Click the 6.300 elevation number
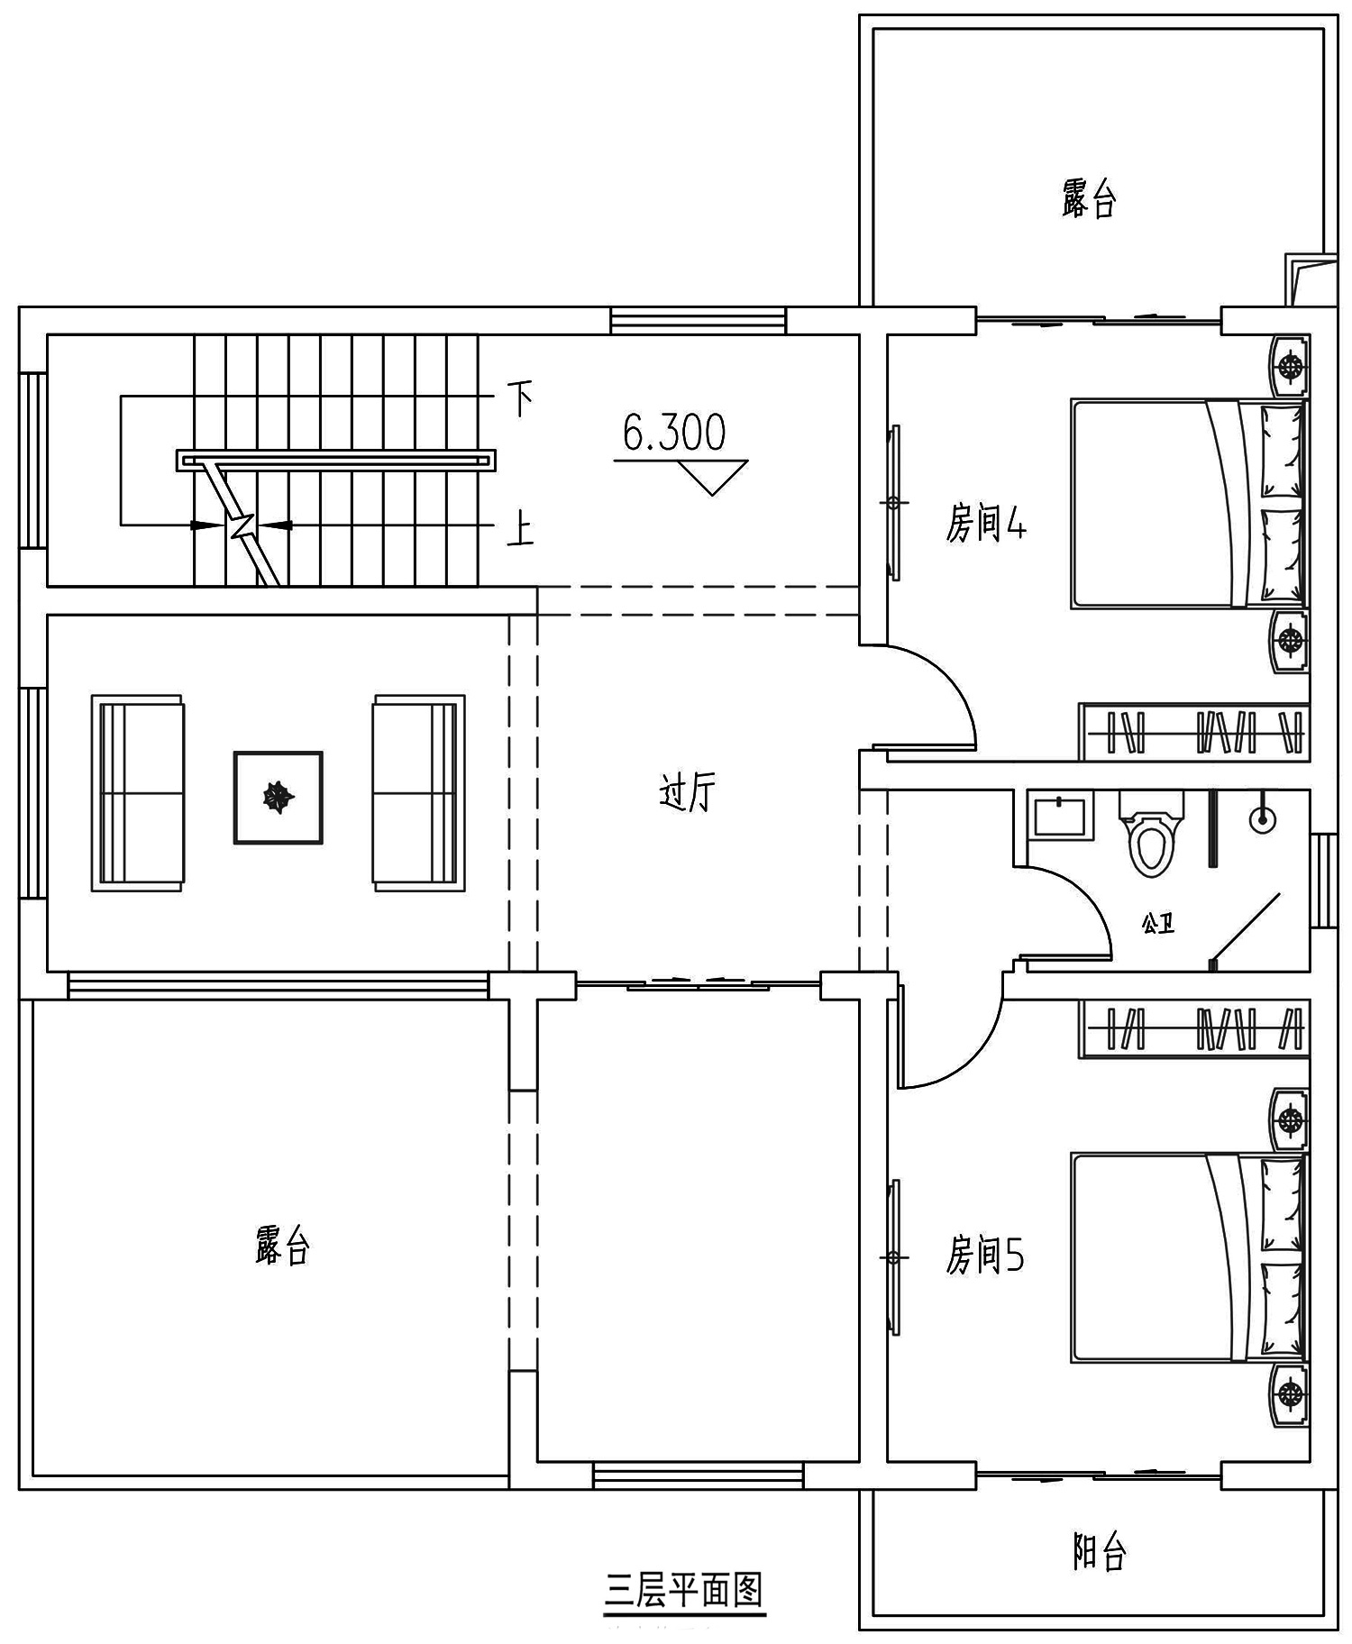pos(674,433)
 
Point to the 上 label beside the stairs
pos(520,528)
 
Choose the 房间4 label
pos(986,523)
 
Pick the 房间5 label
pos(985,1255)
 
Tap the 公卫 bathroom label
pos(1157,924)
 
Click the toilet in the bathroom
pos(1151,834)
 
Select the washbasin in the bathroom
pos(1061,815)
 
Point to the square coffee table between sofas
pos(279,798)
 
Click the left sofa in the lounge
pos(138,793)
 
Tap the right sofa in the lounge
pos(419,793)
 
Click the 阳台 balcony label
pos(1100,1551)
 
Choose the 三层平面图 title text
pos(684,1591)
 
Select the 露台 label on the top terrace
pos(1089,198)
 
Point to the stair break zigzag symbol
pos(240,525)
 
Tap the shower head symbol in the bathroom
pos(1262,815)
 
